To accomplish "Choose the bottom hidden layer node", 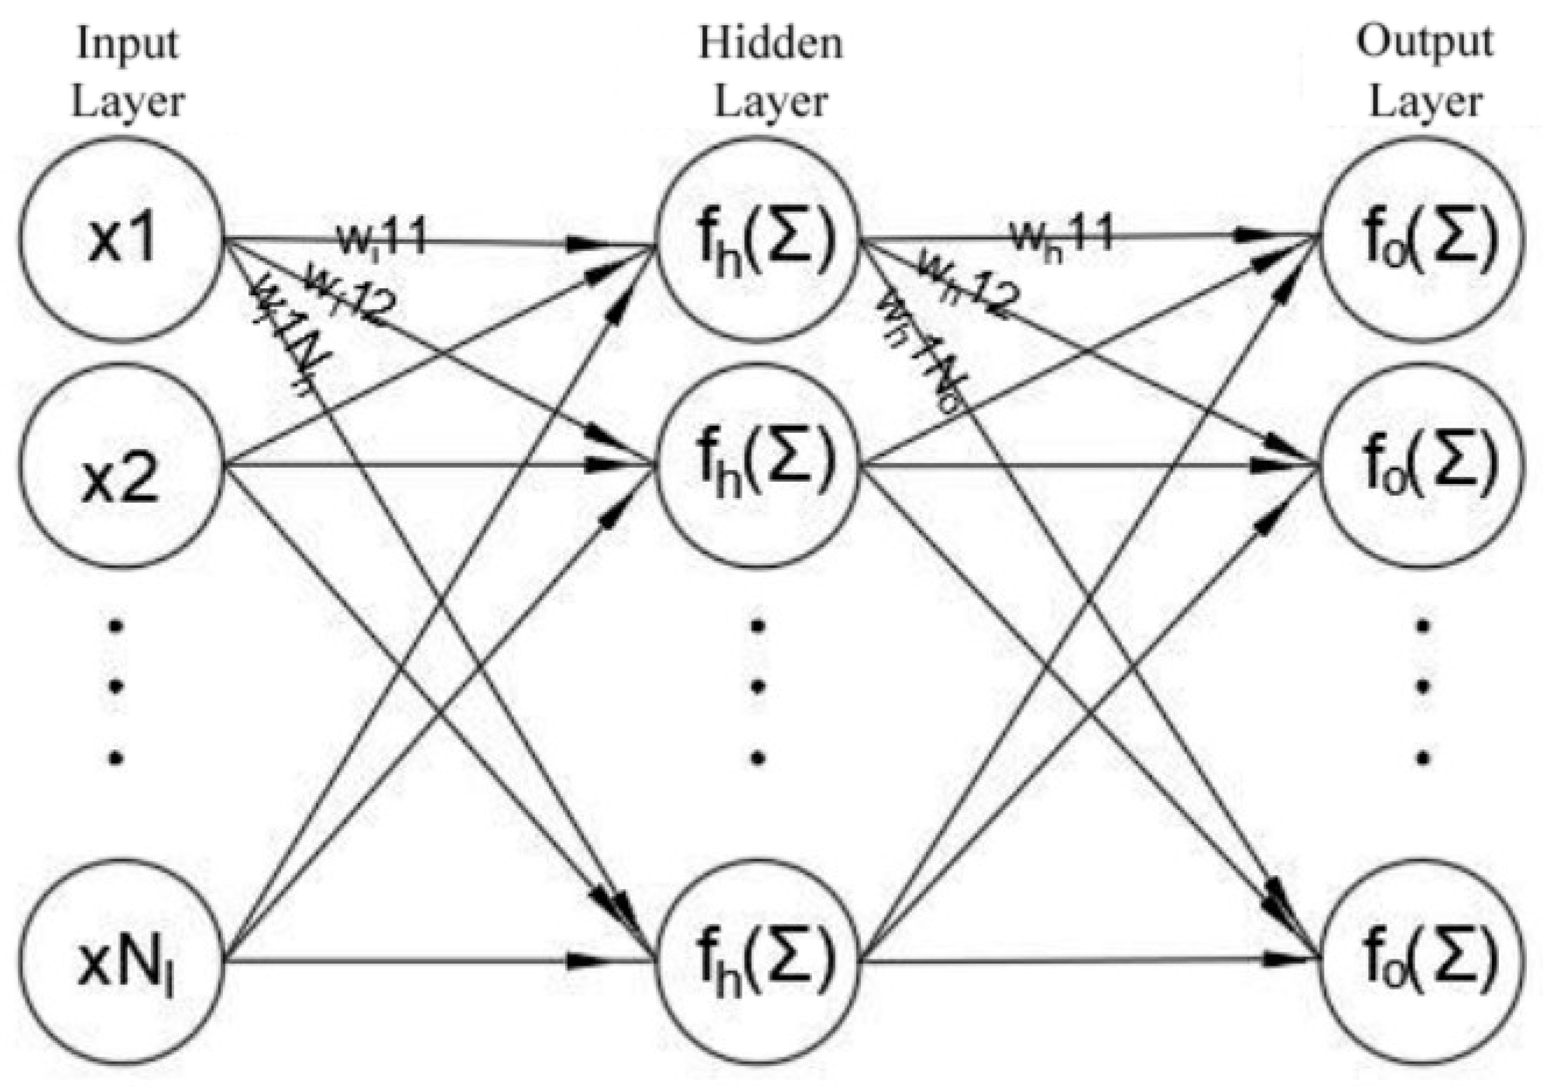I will pos(757,961).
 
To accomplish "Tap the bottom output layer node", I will pos(1423,961).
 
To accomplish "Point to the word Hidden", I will pos(770,43).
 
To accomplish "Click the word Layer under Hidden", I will pos(770,102).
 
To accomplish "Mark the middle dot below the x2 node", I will pos(117,685).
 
